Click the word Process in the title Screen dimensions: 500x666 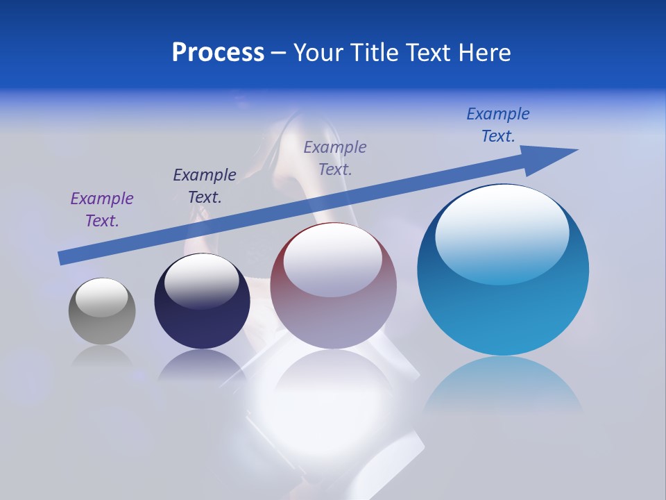[218, 53]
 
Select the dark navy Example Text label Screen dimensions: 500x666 [205, 186]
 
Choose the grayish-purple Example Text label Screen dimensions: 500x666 [335, 158]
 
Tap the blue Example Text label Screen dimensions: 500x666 [498, 125]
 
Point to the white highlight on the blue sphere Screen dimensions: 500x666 [502, 233]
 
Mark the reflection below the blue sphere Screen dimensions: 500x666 [503, 389]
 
